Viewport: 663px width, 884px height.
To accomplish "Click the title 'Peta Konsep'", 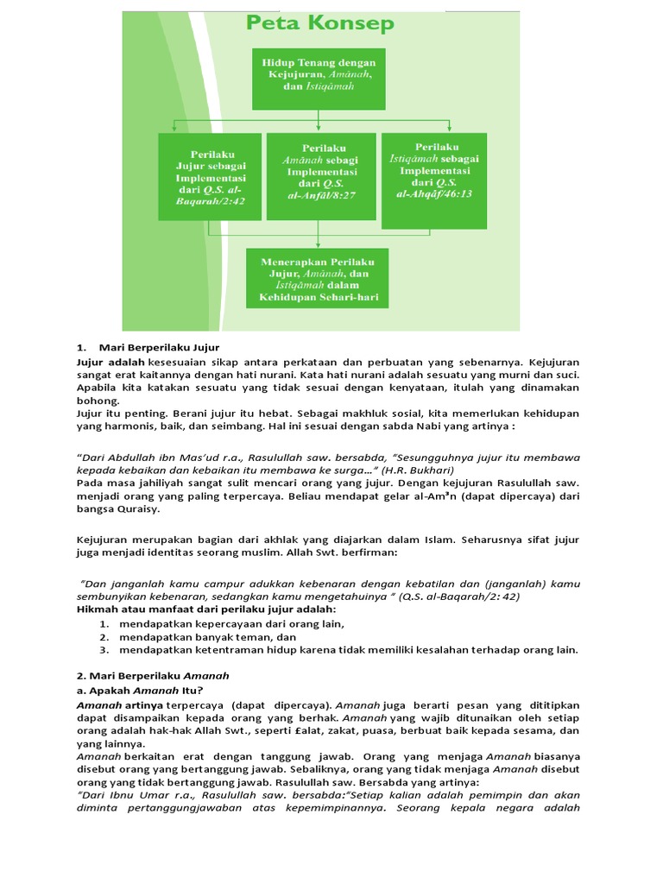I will point(320,23).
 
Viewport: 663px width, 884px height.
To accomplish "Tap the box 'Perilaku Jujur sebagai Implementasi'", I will point(210,176).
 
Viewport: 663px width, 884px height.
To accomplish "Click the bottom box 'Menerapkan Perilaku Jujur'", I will point(319,278).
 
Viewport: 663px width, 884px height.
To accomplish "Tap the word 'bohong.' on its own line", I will point(98,401).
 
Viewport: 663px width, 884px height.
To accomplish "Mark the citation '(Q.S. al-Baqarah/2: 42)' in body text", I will point(466,597).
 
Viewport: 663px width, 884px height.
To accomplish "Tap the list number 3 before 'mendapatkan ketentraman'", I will point(103,649).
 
